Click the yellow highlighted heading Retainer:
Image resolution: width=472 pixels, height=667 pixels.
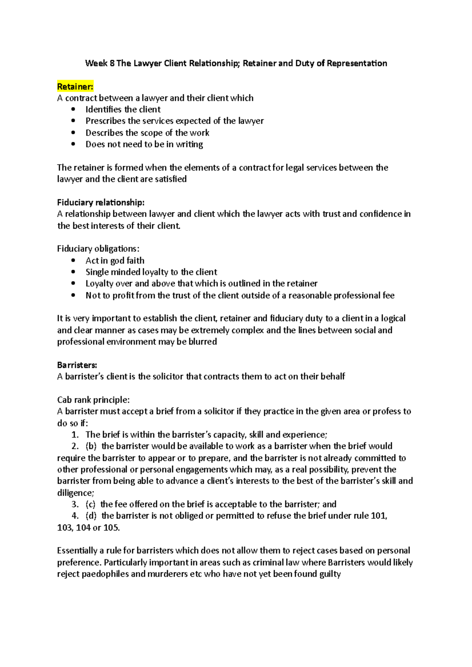coord(75,86)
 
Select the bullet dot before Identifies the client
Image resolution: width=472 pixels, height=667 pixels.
coord(73,110)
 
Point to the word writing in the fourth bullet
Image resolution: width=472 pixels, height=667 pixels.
coord(189,145)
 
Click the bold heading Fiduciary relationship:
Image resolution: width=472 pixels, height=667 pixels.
coord(101,202)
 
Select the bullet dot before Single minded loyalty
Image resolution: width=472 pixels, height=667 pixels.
coord(73,272)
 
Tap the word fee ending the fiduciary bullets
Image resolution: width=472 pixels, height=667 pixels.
coord(388,295)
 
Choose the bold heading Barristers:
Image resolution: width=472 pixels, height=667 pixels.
coord(77,365)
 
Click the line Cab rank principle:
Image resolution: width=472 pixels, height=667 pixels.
coord(93,400)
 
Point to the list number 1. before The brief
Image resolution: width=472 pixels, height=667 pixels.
coord(75,435)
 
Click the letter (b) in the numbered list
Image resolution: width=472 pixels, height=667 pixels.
coord(91,446)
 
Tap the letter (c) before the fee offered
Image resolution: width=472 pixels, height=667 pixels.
coord(90,504)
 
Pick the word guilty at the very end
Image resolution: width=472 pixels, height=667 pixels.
coord(330,574)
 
